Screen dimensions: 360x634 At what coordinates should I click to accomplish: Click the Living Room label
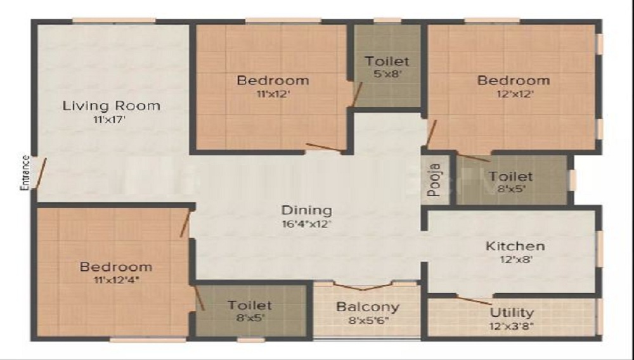111,105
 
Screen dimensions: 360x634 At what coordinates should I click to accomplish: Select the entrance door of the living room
41,173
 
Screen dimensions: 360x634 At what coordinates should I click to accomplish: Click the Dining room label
307,210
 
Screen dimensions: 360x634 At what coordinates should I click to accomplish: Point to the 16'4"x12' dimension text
307,223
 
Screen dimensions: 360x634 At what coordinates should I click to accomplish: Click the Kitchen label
515,246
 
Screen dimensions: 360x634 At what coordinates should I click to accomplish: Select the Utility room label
512,312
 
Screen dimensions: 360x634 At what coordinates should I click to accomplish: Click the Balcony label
368,307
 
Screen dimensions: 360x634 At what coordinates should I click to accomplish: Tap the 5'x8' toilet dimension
387,74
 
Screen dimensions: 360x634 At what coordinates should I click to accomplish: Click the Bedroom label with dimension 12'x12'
514,80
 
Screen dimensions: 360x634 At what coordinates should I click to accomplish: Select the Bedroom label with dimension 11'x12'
273,80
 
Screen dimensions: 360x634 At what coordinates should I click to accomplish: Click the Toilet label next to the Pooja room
510,176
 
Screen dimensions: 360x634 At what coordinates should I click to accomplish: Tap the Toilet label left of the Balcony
250,305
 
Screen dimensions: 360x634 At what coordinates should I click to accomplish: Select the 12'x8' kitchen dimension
515,259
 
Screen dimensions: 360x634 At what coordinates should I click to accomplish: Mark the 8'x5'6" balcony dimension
368,320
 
